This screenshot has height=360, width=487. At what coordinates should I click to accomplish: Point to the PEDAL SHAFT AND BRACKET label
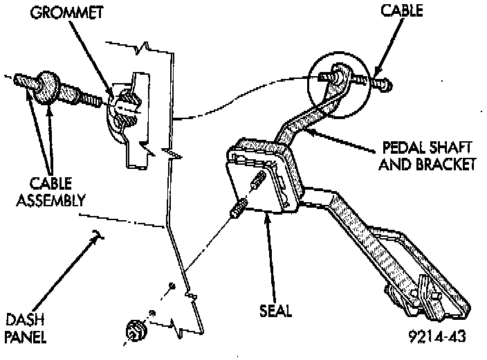429,156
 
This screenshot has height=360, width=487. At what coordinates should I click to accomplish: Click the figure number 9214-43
434,337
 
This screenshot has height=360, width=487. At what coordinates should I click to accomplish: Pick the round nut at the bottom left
134,331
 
